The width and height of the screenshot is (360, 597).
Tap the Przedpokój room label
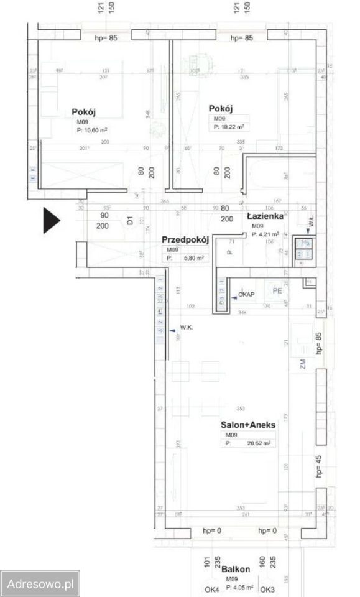[x=184, y=239]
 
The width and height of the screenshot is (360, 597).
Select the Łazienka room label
[x=265, y=216]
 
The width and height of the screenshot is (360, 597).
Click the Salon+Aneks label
[x=248, y=425]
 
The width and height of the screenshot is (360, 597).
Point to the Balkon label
[x=236, y=569]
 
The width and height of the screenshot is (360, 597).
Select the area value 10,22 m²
[x=229, y=126]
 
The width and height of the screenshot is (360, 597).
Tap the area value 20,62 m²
[x=249, y=443]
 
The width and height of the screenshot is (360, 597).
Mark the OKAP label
[x=246, y=294]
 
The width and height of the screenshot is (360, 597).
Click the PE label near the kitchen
[x=274, y=290]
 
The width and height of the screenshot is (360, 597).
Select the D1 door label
[x=131, y=220]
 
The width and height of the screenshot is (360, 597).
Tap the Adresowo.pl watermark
[x=40, y=584]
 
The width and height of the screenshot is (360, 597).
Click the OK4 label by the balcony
[x=212, y=589]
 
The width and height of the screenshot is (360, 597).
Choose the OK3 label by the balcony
[x=267, y=589]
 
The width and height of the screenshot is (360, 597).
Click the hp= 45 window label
[x=319, y=465]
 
